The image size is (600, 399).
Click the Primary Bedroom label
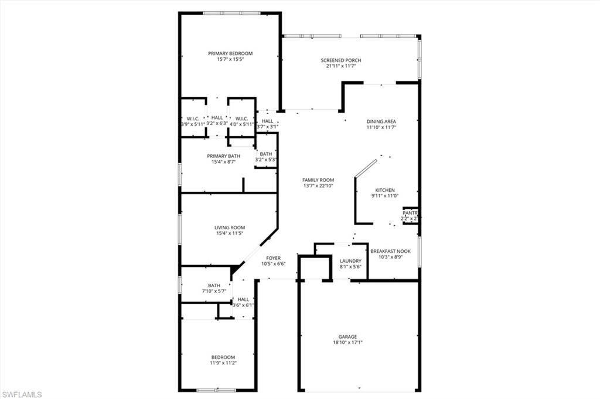[230, 53]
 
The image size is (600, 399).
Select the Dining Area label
[382, 121]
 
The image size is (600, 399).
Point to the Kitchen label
[385, 190]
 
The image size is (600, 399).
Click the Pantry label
[410, 213]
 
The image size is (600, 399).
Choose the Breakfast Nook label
[394, 251]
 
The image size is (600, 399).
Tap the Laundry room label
[350, 261]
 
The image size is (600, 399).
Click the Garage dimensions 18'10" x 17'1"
[347, 343]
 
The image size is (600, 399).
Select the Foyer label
[273, 258]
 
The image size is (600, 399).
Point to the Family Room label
[318, 180]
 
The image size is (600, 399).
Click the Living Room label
[229, 228]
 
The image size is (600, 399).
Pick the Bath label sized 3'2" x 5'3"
[266, 153]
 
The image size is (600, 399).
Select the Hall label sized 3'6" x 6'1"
[243, 300]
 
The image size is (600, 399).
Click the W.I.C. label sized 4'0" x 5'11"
[242, 118]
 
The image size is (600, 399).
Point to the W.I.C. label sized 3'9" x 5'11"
[193, 118]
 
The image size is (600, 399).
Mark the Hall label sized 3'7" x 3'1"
[267, 121]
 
